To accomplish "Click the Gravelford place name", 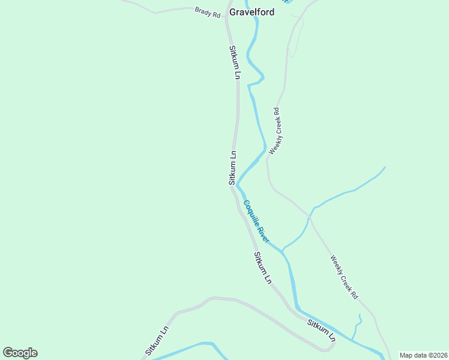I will click(x=252, y=11).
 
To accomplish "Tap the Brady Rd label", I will click(x=208, y=12).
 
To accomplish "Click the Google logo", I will click(x=20, y=353).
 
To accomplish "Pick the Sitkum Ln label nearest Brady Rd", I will click(x=234, y=62).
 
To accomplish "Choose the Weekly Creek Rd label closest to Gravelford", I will click(x=275, y=131).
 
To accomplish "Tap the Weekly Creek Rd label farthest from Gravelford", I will click(x=344, y=277).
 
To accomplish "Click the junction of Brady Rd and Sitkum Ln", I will click(x=226, y=10).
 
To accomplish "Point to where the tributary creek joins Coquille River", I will click(x=282, y=249).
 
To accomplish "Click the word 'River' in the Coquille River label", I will click(x=265, y=235).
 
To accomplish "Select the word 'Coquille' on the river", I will click(x=251, y=212).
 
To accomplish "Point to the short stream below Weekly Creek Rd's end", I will click(x=358, y=326).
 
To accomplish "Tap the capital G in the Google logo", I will click(x=8, y=352).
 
